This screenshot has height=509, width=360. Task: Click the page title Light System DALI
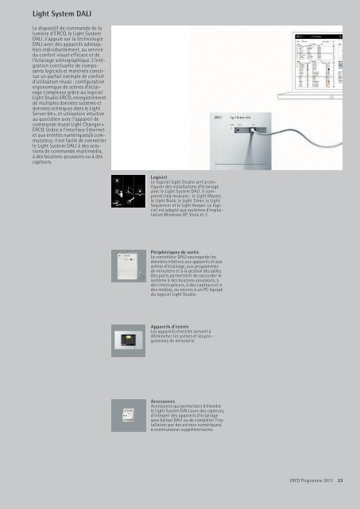click(49, 13)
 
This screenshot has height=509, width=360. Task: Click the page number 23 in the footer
click(339, 480)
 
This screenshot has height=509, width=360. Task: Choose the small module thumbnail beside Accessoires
click(127, 424)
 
